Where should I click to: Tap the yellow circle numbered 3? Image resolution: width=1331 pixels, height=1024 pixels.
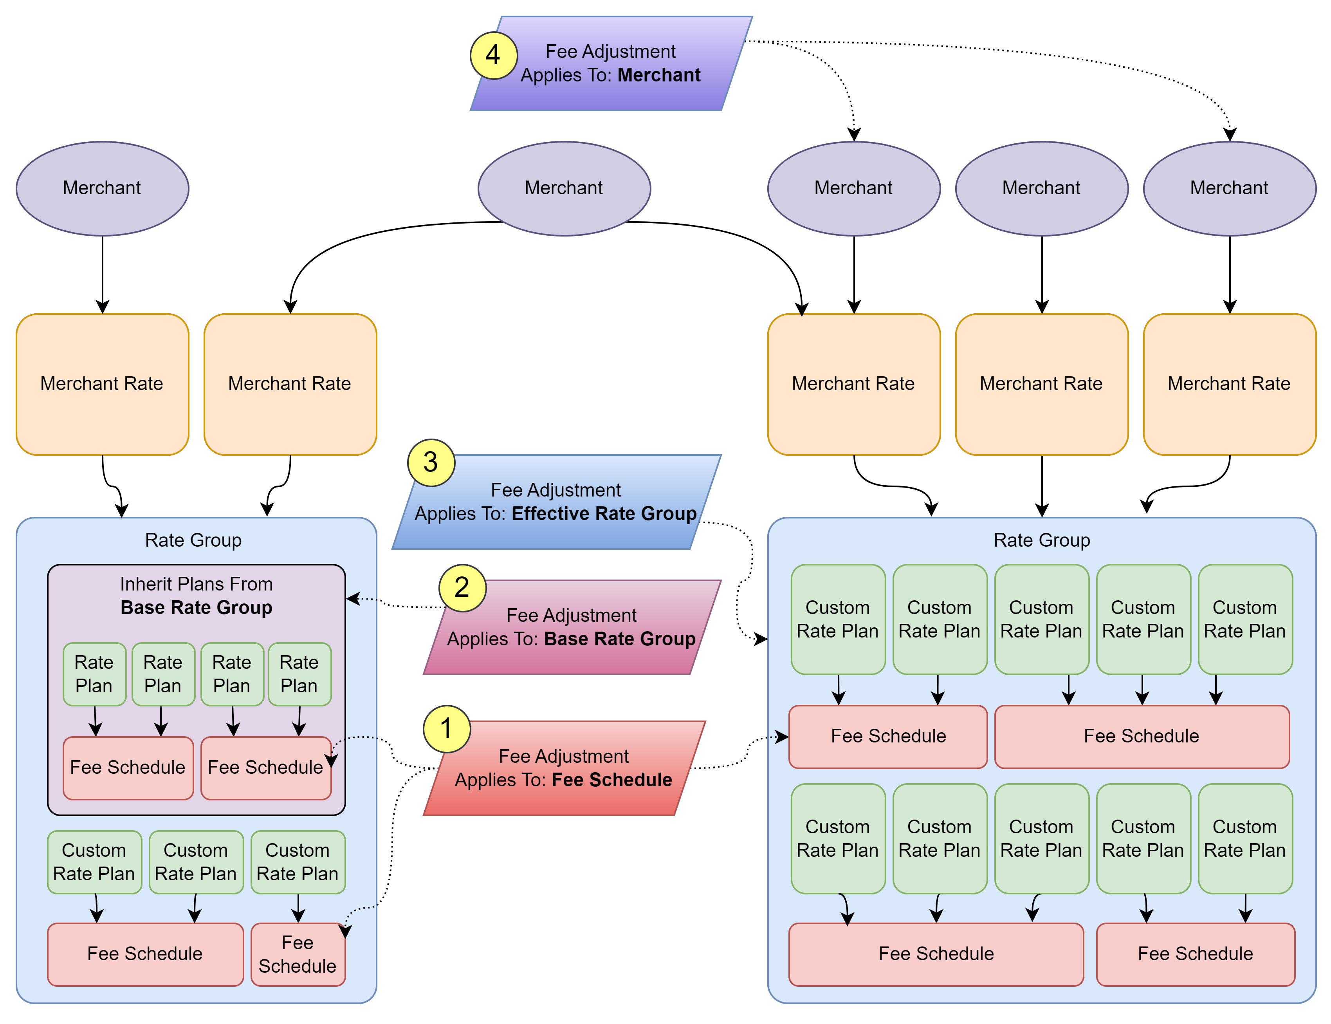431,462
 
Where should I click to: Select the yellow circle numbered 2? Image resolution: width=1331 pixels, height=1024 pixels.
462,588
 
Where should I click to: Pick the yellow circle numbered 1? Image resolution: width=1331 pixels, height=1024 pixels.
447,728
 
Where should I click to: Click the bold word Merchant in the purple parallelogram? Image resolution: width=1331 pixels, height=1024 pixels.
659,75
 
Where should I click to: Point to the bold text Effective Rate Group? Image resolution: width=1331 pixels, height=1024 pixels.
603,514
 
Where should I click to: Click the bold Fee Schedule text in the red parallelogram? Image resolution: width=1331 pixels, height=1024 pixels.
612,780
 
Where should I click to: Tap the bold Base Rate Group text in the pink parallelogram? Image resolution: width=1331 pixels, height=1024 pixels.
619,639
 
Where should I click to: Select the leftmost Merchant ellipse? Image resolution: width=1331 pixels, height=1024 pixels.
103,188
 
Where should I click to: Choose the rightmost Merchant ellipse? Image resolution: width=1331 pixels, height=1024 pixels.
1229,188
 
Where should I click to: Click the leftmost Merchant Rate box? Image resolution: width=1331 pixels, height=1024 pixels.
103,384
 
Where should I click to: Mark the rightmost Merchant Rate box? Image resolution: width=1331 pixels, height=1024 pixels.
1229,384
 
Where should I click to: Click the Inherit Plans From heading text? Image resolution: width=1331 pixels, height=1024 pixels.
196,584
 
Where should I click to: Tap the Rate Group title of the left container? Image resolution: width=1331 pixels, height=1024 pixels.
193,540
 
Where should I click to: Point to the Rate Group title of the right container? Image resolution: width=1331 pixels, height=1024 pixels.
1042,540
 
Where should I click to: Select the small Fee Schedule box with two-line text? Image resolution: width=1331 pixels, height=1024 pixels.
298,955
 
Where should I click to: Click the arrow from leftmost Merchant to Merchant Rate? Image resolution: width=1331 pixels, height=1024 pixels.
103,274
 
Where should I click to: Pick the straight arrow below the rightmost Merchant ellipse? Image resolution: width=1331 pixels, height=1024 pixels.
1229,274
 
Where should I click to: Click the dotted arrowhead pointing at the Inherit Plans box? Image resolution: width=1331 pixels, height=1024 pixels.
353,599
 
